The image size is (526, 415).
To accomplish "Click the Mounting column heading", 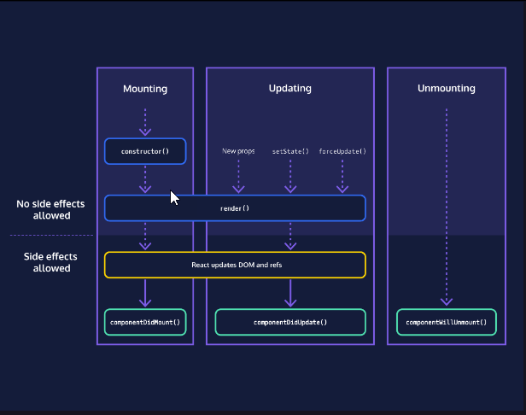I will pyautogui.click(x=145, y=89).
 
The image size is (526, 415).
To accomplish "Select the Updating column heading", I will pyautogui.click(x=289, y=89).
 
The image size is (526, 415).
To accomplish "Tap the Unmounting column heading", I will pyautogui.click(x=447, y=89).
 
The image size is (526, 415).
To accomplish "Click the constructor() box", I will pyautogui.click(x=145, y=151).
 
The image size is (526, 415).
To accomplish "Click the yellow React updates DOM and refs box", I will pyautogui.click(x=235, y=265).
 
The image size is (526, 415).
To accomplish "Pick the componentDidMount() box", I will pyautogui.click(x=145, y=322).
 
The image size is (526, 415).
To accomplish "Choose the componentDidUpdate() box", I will pyautogui.click(x=289, y=322).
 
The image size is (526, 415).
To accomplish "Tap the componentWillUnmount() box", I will pyautogui.click(x=446, y=322).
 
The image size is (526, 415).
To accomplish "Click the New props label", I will pyautogui.click(x=238, y=151).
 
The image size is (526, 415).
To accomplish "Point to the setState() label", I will pyautogui.click(x=289, y=151).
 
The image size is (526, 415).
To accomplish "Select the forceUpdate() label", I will pyautogui.click(x=342, y=151).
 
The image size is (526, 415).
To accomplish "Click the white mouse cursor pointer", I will pyautogui.click(x=174, y=198).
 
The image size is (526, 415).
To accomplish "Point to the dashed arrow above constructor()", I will pyautogui.click(x=145, y=122).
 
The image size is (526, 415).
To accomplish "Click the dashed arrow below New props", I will pyautogui.click(x=238, y=177).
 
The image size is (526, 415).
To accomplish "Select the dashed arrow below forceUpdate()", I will pyautogui.click(x=342, y=177).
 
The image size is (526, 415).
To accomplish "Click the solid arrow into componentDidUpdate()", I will pyautogui.click(x=289, y=293).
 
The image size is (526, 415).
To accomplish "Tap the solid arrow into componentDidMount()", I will pyautogui.click(x=145, y=293).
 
